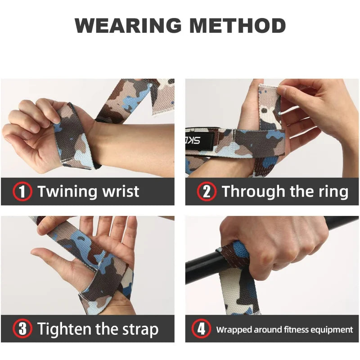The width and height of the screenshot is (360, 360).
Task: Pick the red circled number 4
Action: (201, 329)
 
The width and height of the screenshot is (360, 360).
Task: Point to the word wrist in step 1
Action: (120, 192)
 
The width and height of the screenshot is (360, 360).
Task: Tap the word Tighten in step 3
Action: (65, 329)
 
